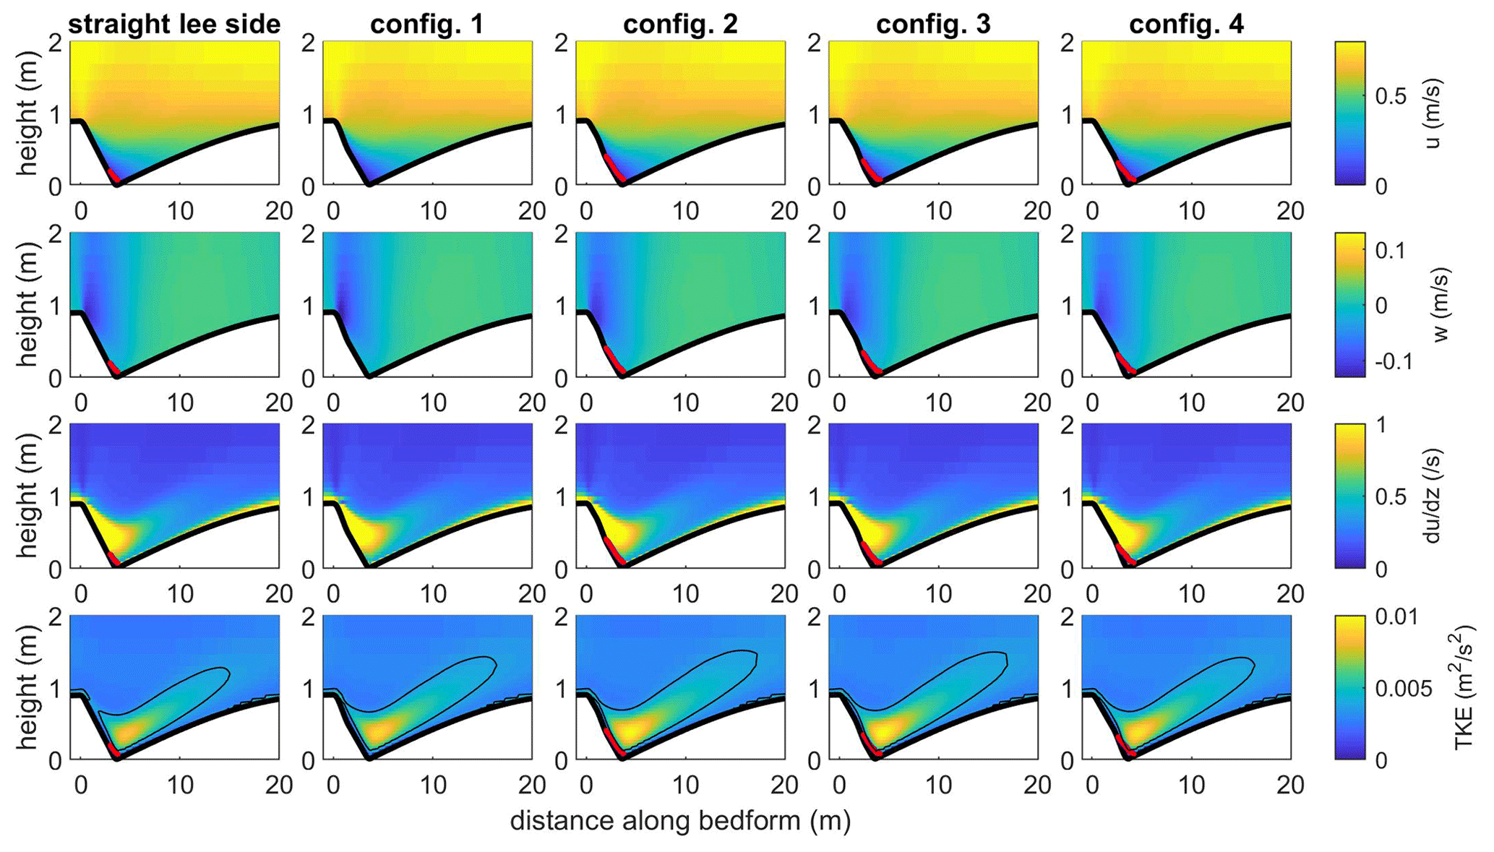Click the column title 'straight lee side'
click(173, 24)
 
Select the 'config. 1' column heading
click(426, 24)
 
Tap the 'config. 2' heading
click(680, 24)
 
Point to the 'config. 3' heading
click(933, 24)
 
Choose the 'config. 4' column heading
click(1186, 24)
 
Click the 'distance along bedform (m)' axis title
click(680, 820)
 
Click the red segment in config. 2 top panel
click(614, 168)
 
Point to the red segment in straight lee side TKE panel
click(113, 749)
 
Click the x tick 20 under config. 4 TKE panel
click(1289, 785)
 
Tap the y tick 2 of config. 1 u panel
click(308, 43)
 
